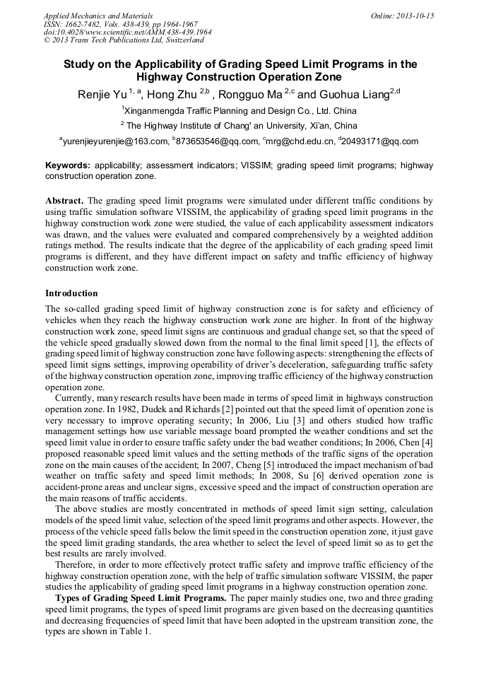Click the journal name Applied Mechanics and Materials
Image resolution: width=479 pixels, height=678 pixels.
pos(97,15)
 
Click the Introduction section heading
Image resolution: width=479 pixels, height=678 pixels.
pos(71,293)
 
